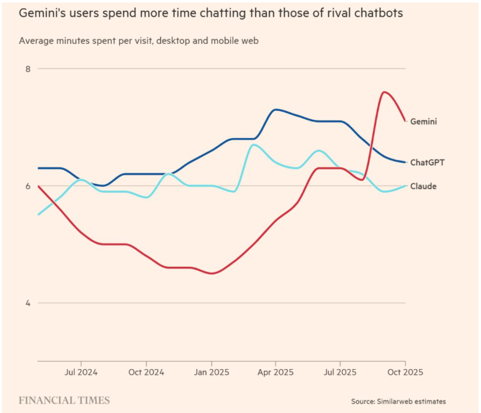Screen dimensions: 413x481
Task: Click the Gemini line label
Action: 423,121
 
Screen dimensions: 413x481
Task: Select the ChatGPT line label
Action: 427,162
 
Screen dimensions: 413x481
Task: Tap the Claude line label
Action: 423,186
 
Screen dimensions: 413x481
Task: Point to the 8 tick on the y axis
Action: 28,68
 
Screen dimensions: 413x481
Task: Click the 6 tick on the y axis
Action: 28,186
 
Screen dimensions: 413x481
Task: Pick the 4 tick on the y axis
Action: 28,303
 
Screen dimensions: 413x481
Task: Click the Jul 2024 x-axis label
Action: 80,372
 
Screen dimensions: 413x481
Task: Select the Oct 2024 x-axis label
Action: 146,372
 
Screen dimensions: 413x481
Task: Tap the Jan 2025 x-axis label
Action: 211,372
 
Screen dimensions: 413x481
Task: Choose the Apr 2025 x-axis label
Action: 275,372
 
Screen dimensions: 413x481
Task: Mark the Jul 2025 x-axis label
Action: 340,372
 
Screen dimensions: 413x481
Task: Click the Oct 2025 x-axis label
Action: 405,372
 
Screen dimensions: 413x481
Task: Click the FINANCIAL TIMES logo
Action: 64,400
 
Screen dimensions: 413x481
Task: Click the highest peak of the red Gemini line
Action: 384,92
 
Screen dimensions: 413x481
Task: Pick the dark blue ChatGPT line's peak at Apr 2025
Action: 275,110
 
